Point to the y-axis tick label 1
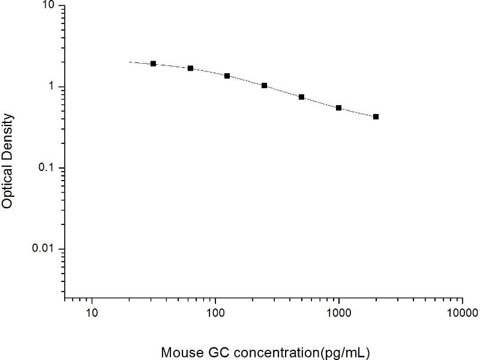[52, 87]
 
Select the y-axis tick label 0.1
[47, 168]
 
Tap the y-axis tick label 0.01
[44, 249]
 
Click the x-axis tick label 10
[91, 313]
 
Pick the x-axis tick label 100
[215, 313]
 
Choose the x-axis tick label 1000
[339, 313]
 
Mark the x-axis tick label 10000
[462, 313]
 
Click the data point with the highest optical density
[153, 64]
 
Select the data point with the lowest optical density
[376, 116]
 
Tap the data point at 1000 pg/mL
[338, 108]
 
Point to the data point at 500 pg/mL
[301, 97]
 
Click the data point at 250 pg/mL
[264, 85]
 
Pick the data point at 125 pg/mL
[227, 76]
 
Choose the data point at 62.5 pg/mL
[190, 68]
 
